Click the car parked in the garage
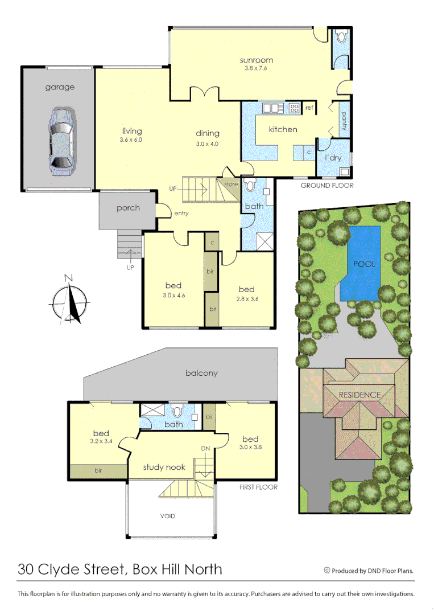[60, 140]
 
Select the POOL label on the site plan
[364, 264]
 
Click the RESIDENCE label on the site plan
[359, 395]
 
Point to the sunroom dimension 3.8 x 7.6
[255, 68]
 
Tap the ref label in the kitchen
[309, 108]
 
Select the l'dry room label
[333, 157]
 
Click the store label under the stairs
[231, 184]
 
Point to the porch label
[128, 208]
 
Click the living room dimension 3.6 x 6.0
[131, 140]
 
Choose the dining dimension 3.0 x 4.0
[207, 143]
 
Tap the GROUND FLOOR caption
[326, 186]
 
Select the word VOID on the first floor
[168, 516]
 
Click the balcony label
[201, 374]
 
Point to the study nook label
[164, 467]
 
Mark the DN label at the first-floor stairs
[205, 448]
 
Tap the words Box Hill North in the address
[177, 569]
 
